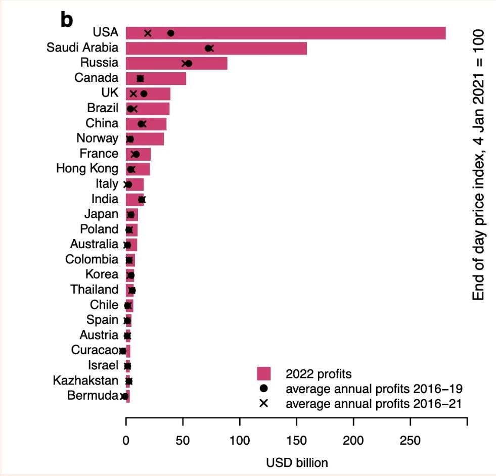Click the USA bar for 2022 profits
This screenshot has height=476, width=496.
303,33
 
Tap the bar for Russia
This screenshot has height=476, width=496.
212,63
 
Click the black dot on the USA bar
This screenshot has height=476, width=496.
171,33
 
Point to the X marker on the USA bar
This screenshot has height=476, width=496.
148,33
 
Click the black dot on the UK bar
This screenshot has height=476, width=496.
144,93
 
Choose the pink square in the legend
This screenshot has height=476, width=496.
264,374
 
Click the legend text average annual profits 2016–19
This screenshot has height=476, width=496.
374,389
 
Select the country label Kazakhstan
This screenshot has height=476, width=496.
86,380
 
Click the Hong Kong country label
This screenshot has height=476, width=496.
87,168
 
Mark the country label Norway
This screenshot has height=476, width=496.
98,138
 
